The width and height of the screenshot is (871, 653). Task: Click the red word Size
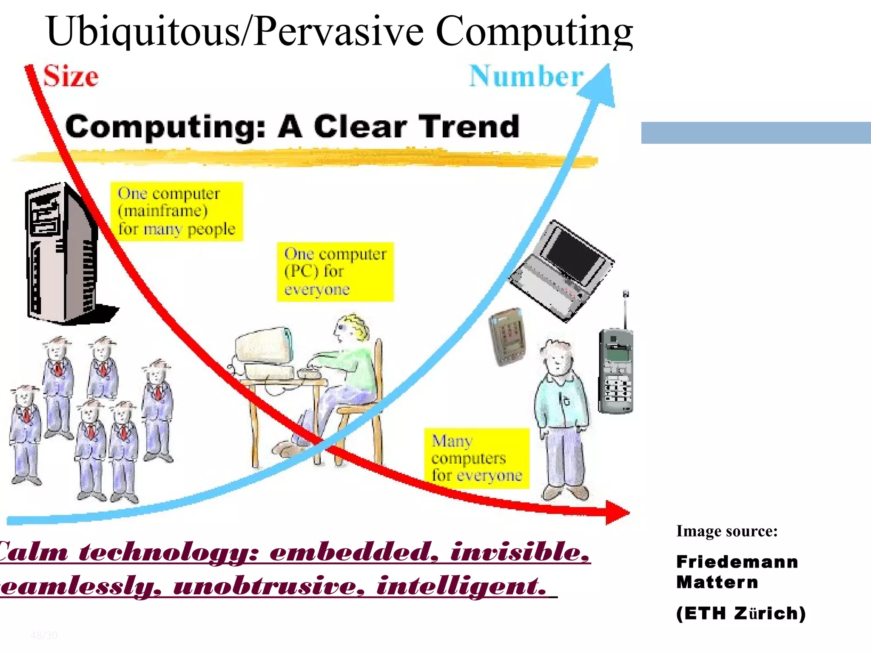pos(71,77)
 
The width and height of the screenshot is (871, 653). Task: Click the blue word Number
pos(526,77)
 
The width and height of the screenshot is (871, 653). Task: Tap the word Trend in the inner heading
pos(469,126)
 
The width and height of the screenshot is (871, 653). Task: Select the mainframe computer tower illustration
pos(64,253)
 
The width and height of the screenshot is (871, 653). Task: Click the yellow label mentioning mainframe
pos(176,211)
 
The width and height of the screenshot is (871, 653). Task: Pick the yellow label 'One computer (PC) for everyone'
pos(335,272)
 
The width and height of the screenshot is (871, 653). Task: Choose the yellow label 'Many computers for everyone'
pos(476,458)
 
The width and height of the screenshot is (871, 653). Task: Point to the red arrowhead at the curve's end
pos(617,512)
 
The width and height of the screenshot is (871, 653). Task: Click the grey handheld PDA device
pos(507,336)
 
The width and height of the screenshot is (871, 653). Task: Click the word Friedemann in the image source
pos(737,562)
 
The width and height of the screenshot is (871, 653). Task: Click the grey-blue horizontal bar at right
pos(756,133)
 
